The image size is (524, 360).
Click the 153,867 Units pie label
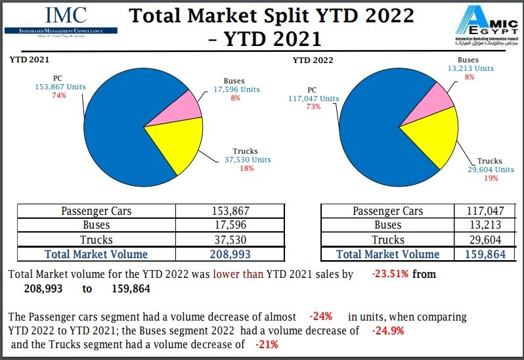(x=60, y=87)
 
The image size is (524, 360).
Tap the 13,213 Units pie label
(x=469, y=68)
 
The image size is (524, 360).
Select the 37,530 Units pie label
(x=246, y=160)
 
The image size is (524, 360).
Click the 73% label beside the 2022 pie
(x=313, y=107)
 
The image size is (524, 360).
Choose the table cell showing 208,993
(x=230, y=254)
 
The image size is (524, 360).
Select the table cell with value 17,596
(x=230, y=225)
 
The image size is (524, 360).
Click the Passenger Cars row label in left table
(x=96, y=211)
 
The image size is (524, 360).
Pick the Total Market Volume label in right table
(x=387, y=254)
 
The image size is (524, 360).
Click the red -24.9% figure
(x=387, y=330)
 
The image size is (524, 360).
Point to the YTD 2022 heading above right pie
(x=313, y=60)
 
